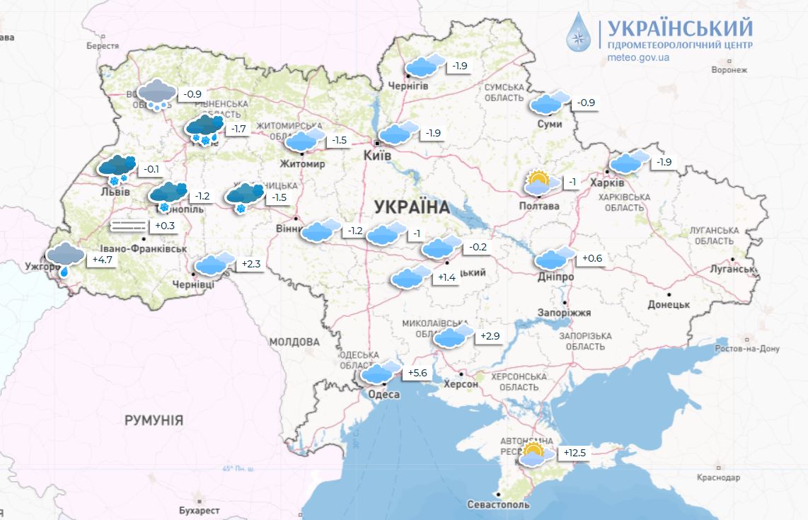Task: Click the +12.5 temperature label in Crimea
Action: [x=575, y=453]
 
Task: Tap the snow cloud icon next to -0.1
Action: [x=117, y=168]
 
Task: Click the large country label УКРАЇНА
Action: [x=411, y=207]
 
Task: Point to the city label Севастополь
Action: [x=498, y=505]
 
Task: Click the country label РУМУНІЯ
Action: [x=154, y=420]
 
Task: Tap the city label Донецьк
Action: [x=669, y=304]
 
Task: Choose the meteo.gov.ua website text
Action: [x=638, y=57]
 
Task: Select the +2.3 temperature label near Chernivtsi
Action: [x=251, y=265]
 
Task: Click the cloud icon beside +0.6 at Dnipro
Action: [x=555, y=260]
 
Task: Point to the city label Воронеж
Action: [x=729, y=70]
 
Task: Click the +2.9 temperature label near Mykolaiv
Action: [x=490, y=336]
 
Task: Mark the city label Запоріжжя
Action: [x=564, y=312]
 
